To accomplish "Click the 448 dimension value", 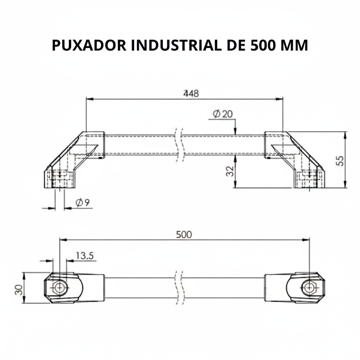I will [x=191, y=94].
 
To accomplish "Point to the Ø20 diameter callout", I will [x=223, y=114].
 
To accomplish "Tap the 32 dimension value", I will [x=230, y=171].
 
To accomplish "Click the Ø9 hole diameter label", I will [x=83, y=202].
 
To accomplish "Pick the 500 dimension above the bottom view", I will [x=184, y=234].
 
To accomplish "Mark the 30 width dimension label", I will [x=18, y=289].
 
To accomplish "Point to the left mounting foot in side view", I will [x=59, y=179].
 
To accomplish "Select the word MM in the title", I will [x=295, y=45].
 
